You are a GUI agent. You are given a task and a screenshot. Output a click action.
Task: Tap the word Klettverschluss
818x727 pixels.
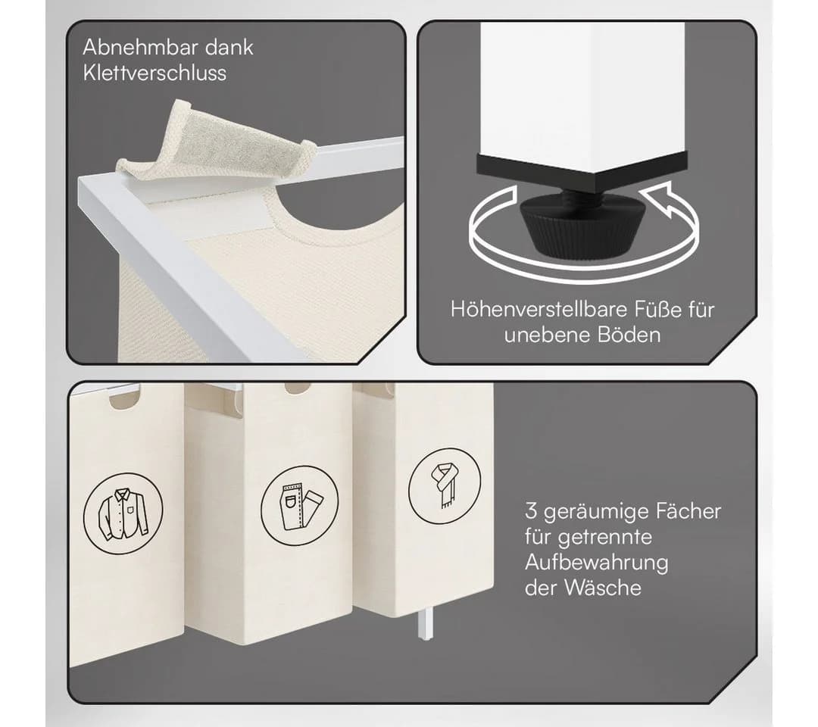coord(155,73)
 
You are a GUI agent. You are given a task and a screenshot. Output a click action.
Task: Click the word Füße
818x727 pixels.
coord(658,309)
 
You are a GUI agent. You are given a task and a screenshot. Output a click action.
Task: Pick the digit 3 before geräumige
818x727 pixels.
coord(530,511)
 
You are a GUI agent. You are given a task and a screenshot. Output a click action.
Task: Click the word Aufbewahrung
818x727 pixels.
coord(596,563)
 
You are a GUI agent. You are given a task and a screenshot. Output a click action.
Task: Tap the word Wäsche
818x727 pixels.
coord(603,588)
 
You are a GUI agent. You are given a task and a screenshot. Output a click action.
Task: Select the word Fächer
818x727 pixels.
coord(688,511)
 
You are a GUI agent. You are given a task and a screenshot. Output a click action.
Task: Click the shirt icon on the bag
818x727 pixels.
coord(123,513)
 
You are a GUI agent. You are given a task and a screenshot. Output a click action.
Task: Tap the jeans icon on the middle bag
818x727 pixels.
coord(299,505)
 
